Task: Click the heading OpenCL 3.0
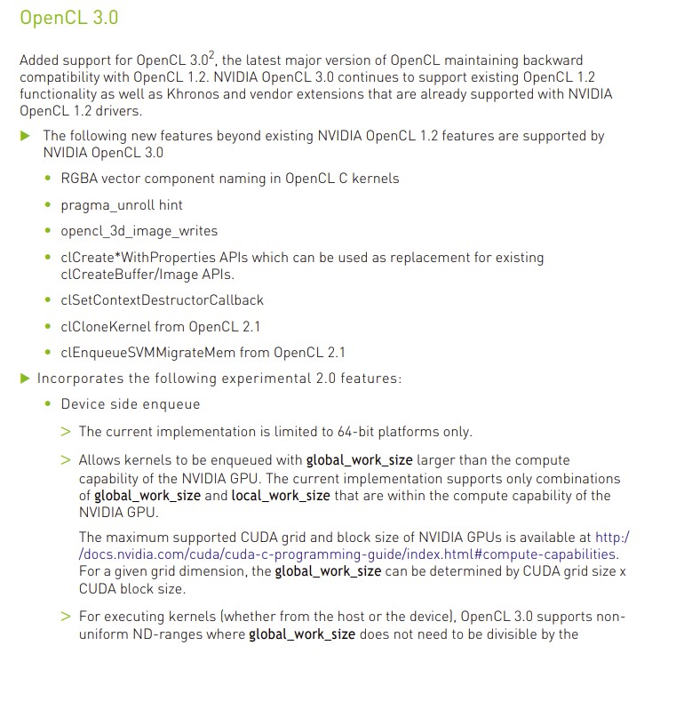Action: [x=68, y=18]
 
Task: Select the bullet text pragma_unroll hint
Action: [x=122, y=205]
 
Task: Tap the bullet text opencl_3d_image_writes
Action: [x=139, y=231]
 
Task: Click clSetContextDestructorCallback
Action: [x=162, y=300]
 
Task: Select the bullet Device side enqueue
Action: [x=131, y=404]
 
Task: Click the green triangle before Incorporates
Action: [x=25, y=378]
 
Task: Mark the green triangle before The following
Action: [x=25, y=136]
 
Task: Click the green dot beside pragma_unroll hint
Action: [x=48, y=205]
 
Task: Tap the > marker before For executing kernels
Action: [x=66, y=617]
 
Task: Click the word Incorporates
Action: [x=80, y=378]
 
